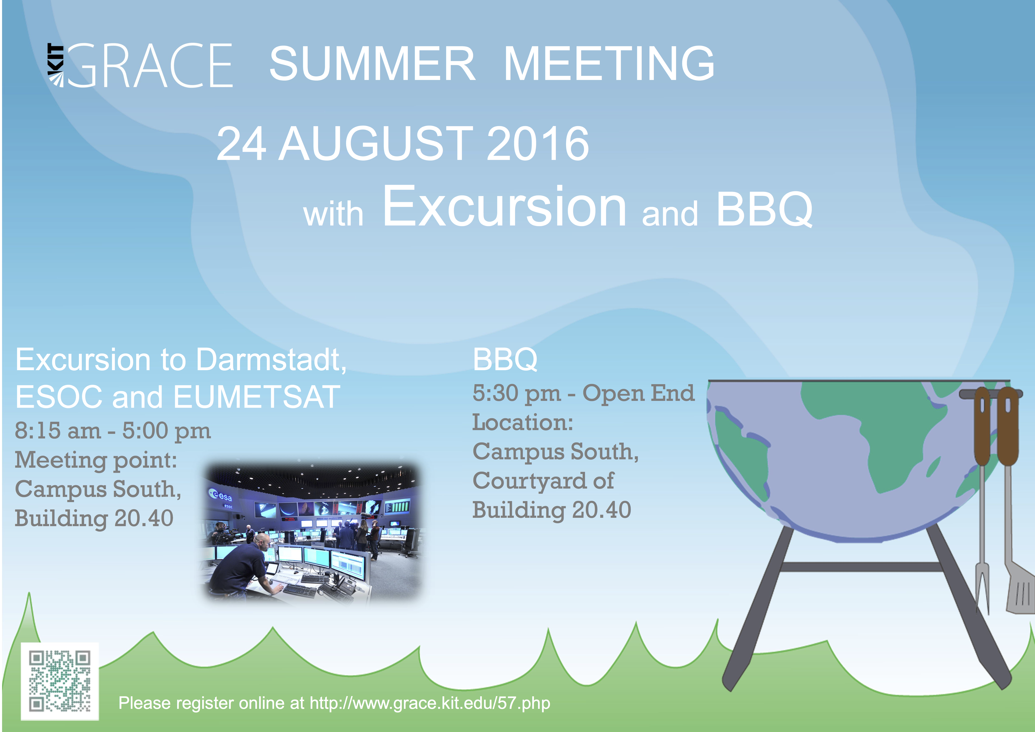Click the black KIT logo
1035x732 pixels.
point(56,65)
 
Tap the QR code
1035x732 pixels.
point(60,681)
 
